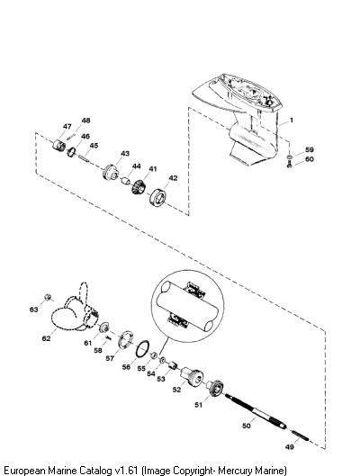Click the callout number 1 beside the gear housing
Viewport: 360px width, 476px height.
292,121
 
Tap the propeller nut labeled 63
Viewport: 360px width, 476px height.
48,297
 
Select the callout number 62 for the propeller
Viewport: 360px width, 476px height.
46,338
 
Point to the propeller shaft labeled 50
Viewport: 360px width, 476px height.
256,411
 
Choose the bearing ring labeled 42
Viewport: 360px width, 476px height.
157,197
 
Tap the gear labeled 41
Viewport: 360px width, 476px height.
139,186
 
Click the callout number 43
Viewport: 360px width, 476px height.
125,153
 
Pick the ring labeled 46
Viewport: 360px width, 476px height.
72,152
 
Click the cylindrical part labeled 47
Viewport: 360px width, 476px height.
58,145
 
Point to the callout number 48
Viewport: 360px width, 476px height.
85,121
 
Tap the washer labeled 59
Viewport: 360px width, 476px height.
289,157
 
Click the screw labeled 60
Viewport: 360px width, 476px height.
289,165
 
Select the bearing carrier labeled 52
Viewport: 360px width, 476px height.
191,376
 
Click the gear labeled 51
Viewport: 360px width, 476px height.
215,387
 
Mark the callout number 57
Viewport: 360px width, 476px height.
110,358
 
